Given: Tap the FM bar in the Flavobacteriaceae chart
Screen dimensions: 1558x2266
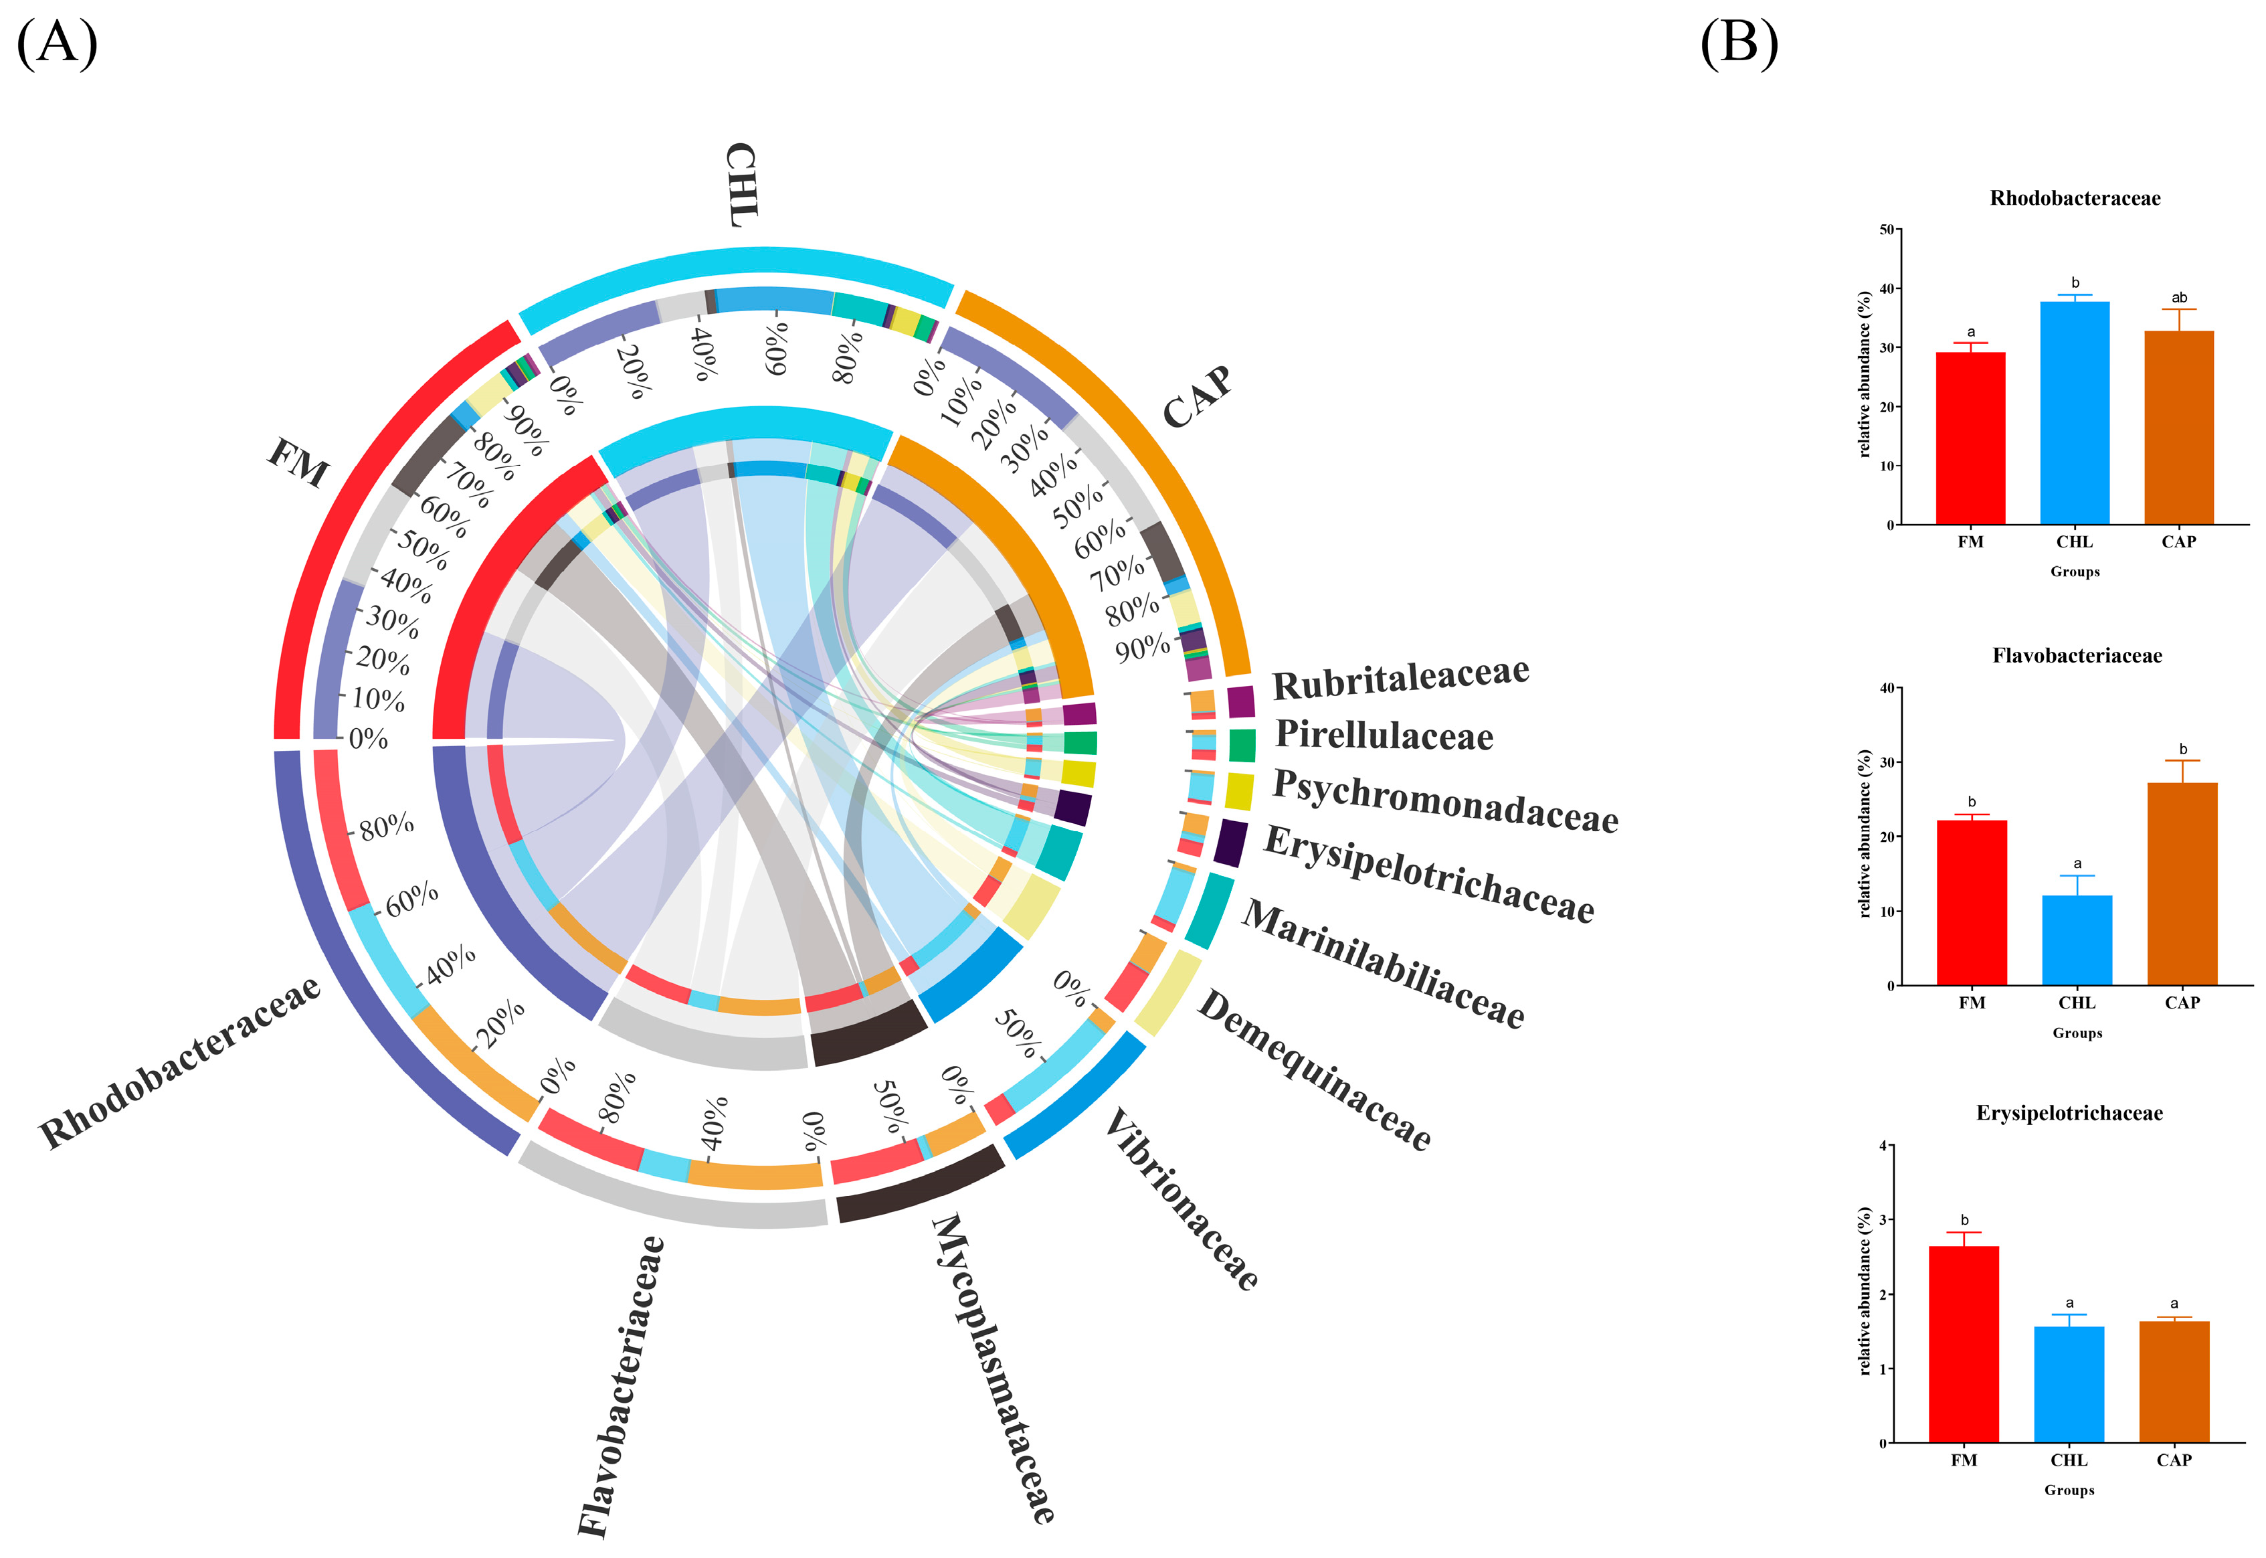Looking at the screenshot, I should click(x=1971, y=902).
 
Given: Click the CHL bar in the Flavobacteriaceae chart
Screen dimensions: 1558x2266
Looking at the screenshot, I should click(x=2077, y=940).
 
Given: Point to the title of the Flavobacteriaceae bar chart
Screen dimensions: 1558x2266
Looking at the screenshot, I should click(x=2077, y=656).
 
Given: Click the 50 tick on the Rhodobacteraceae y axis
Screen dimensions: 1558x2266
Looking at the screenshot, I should click(x=1887, y=230).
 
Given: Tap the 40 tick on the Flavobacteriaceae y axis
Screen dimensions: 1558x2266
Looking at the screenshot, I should click(x=1887, y=688).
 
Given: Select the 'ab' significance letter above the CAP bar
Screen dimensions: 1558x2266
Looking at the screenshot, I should click(x=2178, y=298).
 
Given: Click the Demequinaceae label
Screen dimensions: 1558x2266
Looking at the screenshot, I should click(x=1313, y=1069).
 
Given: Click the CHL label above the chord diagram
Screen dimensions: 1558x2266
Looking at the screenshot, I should click(x=742, y=185).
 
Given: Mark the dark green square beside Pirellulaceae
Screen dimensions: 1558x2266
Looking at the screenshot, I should click(x=1241, y=745).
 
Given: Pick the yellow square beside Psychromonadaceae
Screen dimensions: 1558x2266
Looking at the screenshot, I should click(x=1238, y=792).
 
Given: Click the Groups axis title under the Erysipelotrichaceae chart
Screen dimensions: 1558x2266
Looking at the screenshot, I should click(x=2069, y=1490).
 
